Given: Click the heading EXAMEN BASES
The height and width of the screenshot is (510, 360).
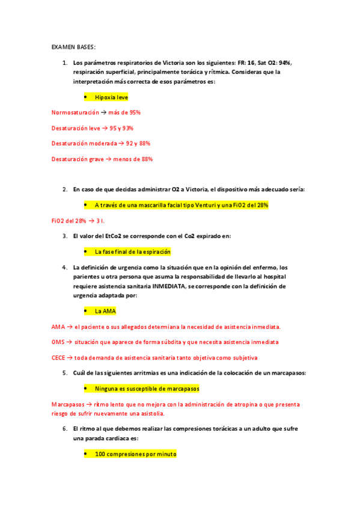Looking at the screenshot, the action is pos(73,47).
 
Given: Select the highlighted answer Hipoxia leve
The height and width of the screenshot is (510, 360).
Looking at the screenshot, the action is pos(111,97).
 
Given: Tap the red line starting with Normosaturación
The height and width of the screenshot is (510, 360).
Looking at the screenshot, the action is pos(96,112).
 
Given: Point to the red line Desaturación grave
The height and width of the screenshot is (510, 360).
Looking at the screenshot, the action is pos(102,159).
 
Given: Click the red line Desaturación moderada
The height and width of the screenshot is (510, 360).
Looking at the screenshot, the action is pos(101,144).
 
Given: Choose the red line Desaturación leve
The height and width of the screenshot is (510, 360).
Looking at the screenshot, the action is pos(93,128).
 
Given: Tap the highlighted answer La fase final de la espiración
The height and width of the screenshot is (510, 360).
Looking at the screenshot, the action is pos(132,251).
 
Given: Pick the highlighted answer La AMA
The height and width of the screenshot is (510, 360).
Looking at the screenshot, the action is pos(105,311).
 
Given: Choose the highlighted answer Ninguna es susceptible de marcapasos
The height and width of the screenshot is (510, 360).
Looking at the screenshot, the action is pos(147,389).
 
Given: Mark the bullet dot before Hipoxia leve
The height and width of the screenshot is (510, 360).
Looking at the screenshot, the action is pos(87,97).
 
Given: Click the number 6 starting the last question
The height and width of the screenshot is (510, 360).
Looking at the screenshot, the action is pos(64,429).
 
